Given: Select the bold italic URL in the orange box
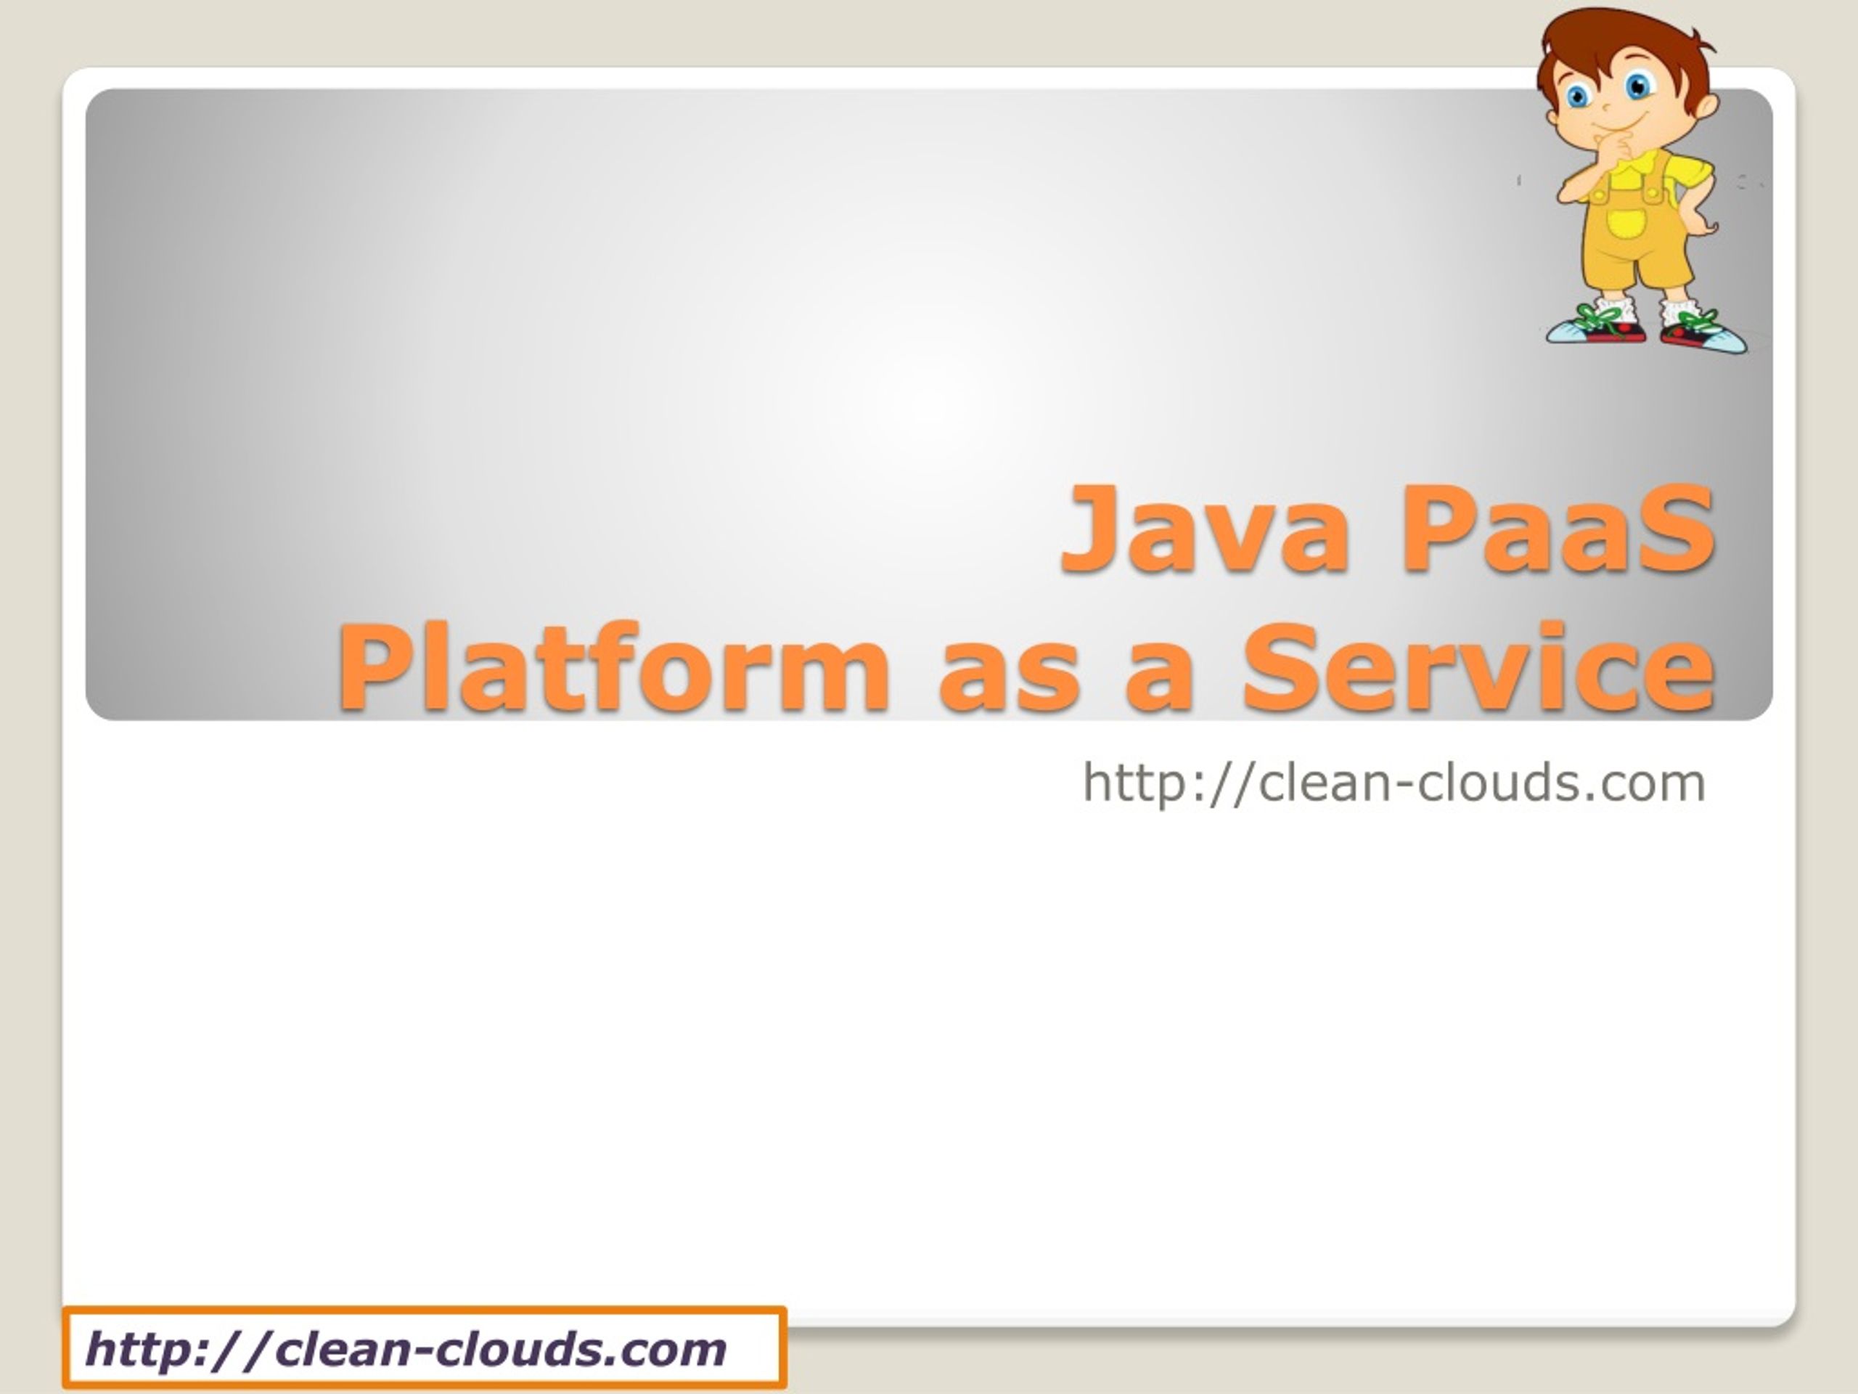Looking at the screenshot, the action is point(406,1349).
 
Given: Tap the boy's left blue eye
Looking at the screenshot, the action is point(1576,97).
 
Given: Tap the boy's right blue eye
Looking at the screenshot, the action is point(1638,86).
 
